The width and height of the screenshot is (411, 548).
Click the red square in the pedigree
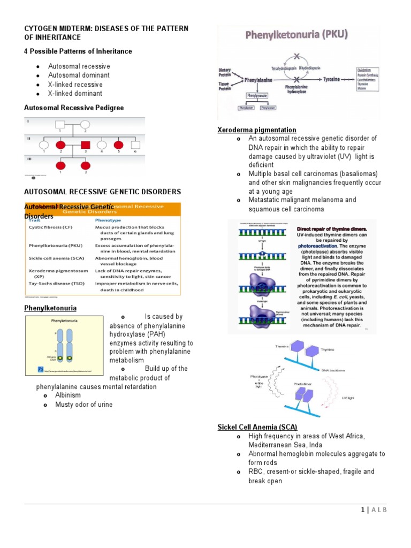click(85, 145)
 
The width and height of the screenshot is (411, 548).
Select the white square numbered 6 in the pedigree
click(135, 145)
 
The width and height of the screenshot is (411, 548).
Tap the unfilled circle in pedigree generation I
click(85, 125)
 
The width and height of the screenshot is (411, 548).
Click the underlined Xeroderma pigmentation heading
click(256, 130)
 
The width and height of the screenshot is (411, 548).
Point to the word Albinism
click(68, 395)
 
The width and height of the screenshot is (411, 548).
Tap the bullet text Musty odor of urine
click(84, 405)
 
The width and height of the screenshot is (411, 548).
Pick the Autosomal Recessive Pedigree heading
click(74, 108)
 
